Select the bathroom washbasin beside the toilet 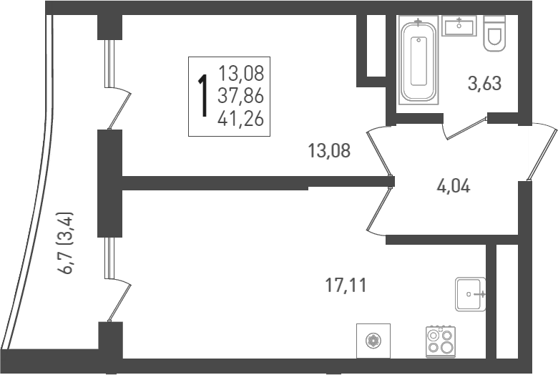click(459, 26)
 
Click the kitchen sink click(470, 294)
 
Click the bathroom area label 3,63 click(484, 84)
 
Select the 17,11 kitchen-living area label click(346, 286)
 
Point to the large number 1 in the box click(204, 95)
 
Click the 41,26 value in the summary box click(241, 119)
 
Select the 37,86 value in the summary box click(241, 96)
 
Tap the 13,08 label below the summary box click(329, 150)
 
